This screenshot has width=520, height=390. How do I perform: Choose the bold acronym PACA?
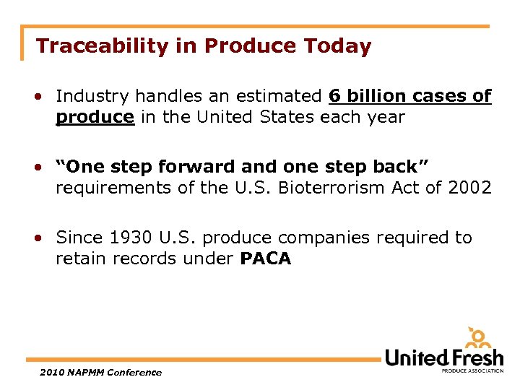tap(265, 259)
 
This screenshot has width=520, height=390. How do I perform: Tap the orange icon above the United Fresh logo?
tap(477, 337)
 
